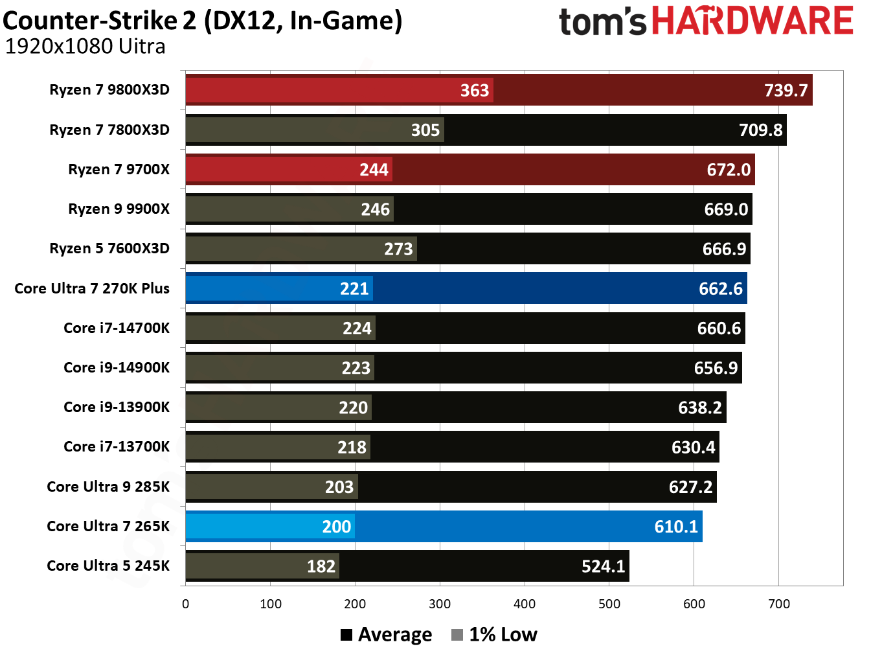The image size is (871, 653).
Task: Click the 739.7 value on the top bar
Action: click(786, 90)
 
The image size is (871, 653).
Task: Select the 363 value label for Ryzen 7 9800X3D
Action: click(474, 90)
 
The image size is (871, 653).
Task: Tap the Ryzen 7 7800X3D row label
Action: click(109, 130)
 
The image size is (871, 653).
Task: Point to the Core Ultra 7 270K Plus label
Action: click(92, 288)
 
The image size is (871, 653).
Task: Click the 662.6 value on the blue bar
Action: click(720, 288)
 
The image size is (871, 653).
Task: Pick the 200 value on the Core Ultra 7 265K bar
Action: click(336, 527)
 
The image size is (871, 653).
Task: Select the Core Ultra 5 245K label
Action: click(108, 566)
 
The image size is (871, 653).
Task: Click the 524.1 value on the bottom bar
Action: click(603, 567)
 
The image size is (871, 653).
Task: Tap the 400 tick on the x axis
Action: click(525, 604)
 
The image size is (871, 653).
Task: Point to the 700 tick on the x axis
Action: click(778, 604)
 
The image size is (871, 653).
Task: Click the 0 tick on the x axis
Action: click(186, 604)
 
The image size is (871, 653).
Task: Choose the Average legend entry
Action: click(387, 634)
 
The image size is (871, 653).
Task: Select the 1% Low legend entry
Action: click(495, 634)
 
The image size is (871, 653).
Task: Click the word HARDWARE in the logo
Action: click(752, 21)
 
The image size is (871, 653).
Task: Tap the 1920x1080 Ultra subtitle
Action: click(85, 47)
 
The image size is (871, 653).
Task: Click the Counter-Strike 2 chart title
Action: click(202, 21)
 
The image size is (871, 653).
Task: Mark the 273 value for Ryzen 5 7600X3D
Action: click(398, 249)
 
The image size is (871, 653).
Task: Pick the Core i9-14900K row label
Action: click(117, 367)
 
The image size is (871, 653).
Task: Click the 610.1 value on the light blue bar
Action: click(676, 527)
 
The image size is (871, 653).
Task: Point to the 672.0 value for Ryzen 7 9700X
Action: click(729, 170)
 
